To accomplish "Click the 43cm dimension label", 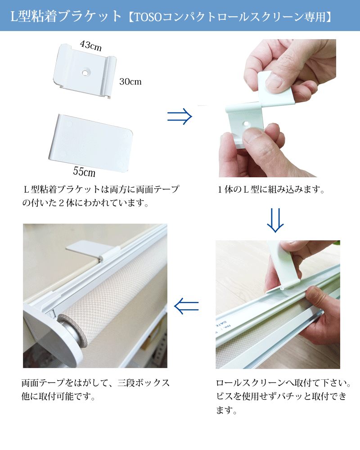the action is click(x=91, y=45).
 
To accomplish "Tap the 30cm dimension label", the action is click(x=130, y=82).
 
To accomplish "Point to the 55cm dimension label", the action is click(x=84, y=171).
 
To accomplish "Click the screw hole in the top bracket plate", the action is click(x=85, y=72).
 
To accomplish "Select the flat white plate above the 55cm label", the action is click(x=90, y=143).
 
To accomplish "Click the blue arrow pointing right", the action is click(x=180, y=116).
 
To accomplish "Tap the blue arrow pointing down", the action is click(x=275, y=220).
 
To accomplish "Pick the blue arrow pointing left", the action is click(x=186, y=306).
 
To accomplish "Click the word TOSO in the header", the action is click(x=148, y=17).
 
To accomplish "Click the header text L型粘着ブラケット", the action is click(x=66, y=16).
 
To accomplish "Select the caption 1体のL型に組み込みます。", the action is click(x=271, y=190).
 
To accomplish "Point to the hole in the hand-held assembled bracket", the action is click(x=246, y=124).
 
